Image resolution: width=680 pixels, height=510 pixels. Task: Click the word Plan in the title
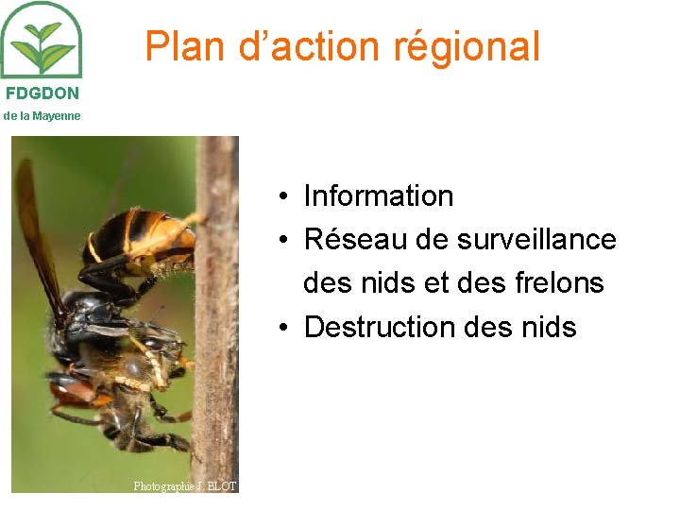(184, 45)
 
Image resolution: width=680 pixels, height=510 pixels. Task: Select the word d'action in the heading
(309, 45)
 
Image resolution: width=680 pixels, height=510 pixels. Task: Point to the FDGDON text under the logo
(42, 93)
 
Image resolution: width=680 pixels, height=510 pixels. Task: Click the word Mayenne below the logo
(57, 116)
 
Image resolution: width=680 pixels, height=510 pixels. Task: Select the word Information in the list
(378, 195)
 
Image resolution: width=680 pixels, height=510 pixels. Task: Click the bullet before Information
(283, 196)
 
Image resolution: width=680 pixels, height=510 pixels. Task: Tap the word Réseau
(356, 239)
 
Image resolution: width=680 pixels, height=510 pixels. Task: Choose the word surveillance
(536, 239)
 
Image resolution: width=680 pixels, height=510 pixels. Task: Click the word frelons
(559, 282)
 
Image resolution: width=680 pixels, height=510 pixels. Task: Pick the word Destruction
(380, 326)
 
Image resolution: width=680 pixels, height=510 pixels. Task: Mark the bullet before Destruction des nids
(283, 327)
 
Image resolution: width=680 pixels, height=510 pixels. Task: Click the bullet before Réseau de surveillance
(283, 239)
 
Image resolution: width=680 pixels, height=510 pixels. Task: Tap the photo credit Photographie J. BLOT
(185, 486)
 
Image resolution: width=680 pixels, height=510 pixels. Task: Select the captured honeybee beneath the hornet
(126, 390)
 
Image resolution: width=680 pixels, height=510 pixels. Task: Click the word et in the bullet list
(436, 282)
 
